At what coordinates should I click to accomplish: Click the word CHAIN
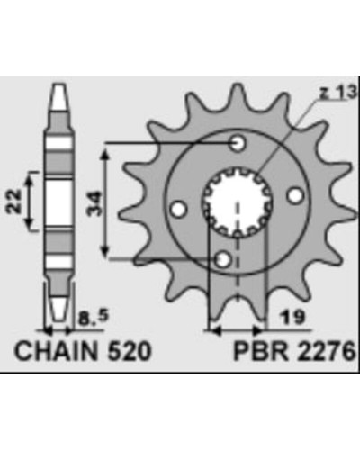(x=56, y=351)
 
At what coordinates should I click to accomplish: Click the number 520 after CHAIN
(x=129, y=351)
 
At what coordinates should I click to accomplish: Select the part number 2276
(x=326, y=351)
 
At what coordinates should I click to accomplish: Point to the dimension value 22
(x=13, y=202)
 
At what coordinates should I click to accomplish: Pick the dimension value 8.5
(x=94, y=318)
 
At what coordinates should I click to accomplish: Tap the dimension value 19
(x=292, y=317)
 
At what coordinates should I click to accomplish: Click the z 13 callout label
(x=337, y=93)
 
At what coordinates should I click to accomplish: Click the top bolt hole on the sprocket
(x=238, y=143)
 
